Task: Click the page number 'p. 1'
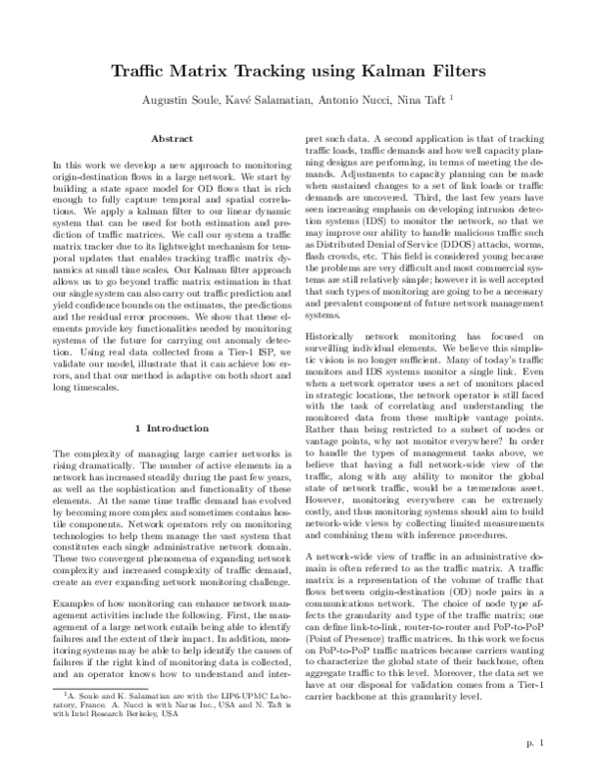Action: click(534, 743)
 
